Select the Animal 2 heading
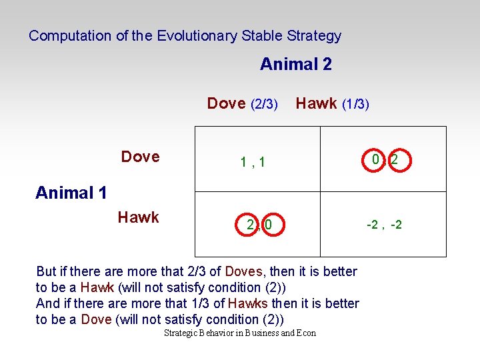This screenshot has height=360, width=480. (295, 65)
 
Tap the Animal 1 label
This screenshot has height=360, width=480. (71, 193)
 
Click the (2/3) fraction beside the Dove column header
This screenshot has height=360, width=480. (264, 104)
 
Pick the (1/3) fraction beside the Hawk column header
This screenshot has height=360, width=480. (355, 104)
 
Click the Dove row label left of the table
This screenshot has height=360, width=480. (140, 157)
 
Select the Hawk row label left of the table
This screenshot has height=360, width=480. (138, 217)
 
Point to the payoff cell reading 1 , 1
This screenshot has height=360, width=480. (253, 161)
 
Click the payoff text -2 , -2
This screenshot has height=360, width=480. (384, 225)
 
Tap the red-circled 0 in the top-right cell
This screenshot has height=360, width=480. (376, 160)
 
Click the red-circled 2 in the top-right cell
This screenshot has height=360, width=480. (395, 160)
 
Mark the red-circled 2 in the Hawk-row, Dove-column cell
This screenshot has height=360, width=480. (250, 225)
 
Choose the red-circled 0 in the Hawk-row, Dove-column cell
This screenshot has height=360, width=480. (268, 225)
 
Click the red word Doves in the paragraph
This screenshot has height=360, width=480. (244, 271)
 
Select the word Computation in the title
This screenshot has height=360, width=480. (71, 36)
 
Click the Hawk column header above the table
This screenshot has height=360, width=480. (317, 103)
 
